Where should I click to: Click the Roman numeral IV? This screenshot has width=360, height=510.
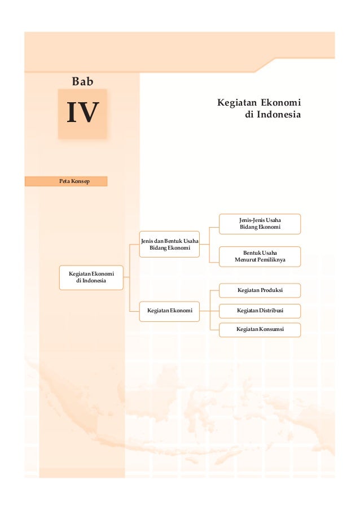click(x=82, y=112)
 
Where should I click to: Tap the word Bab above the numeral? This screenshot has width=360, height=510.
click(x=82, y=82)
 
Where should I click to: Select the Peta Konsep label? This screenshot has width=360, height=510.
click(x=66, y=181)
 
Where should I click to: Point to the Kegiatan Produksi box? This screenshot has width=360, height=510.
click(x=260, y=290)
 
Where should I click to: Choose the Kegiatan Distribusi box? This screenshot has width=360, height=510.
click(x=260, y=310)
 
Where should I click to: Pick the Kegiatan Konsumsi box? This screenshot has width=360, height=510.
click(x=260, y=329)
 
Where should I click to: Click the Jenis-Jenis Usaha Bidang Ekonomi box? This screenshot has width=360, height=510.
click(x=260, y=224)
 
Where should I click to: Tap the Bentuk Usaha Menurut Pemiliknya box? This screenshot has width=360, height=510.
click(x=260, y=256)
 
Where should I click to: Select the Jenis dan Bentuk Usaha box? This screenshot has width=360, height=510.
click(x=169, y=245)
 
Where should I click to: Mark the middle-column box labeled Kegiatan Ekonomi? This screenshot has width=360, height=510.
click(x=169, y=311)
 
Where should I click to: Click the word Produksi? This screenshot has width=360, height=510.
click(x=272, y=290)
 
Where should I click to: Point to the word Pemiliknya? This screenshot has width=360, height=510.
click(x=271, y=260)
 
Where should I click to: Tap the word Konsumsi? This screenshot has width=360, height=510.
click(x=273, y=329)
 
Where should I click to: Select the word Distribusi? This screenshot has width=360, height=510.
click(x=273, y=310)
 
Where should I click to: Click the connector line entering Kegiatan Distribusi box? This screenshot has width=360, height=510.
click(x=214, y=310)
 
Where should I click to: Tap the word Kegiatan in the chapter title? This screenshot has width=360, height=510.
click(x=237, y=103)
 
